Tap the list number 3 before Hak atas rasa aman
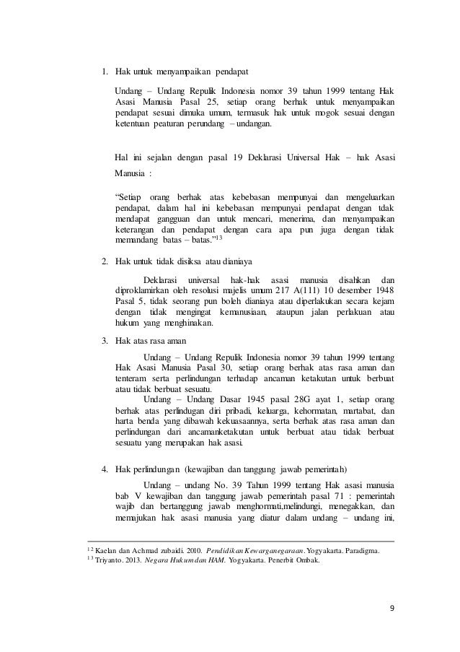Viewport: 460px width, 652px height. click(104, 342)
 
